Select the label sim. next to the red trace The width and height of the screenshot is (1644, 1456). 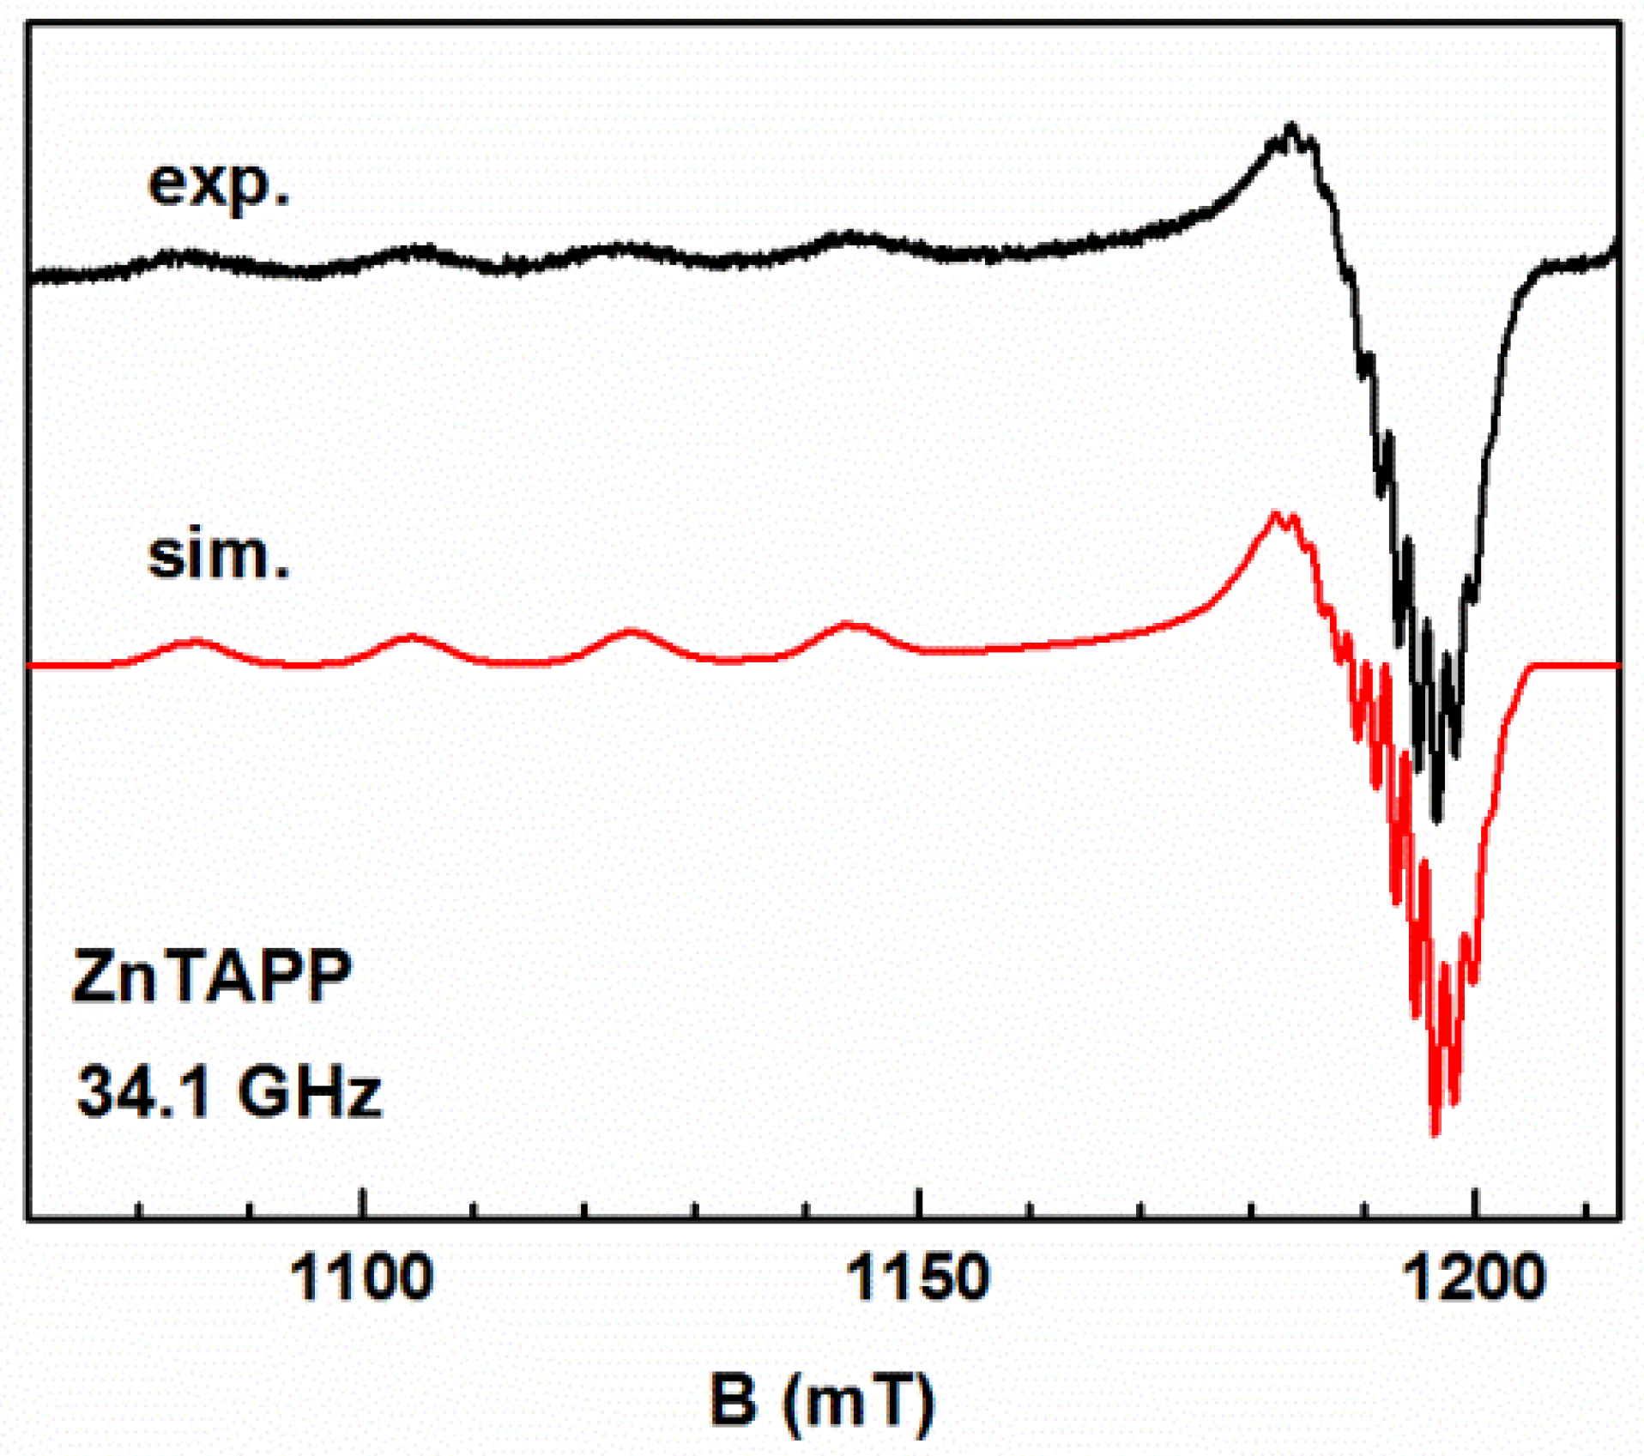click(x=219, y=555)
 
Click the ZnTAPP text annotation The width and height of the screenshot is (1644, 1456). click(x=212, y=976)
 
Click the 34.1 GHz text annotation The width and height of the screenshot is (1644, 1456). click(x=228, y=1091)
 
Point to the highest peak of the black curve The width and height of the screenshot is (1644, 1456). click(x=1290, y=129)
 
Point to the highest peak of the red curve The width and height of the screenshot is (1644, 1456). click(x=1276, y=515)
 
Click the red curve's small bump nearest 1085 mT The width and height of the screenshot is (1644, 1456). click(x=196, y=641)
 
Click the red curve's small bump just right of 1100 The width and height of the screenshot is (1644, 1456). click(x=412, y=637)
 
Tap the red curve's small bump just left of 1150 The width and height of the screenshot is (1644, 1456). click(x=849, y=625)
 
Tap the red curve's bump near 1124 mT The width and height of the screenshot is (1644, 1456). click(x=631, y=631)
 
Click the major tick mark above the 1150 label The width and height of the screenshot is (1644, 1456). click(x=919, y=1204)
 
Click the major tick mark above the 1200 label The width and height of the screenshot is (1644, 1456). click(x=1474, y=1204)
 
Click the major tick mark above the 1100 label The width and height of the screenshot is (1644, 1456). click(x=363, y=1204)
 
